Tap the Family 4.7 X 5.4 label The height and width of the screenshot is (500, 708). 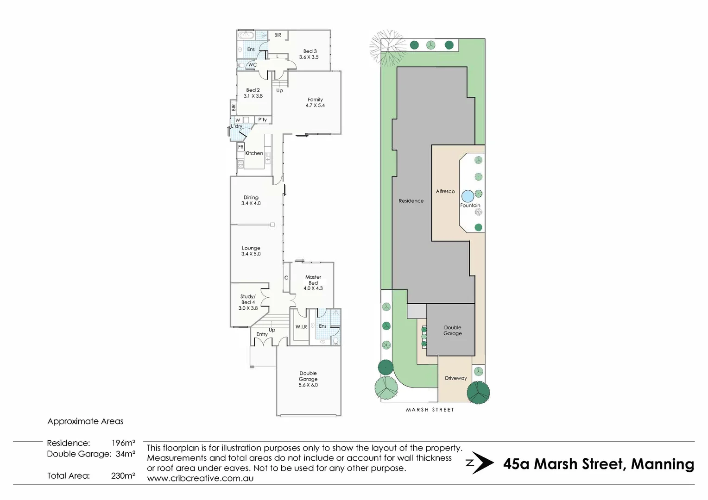[x=315, y=102]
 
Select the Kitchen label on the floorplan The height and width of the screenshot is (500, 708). [x=254, y=153]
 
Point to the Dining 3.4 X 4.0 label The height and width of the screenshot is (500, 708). [x=251, y=200]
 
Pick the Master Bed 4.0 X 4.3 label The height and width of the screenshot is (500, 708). [x=313, y=282]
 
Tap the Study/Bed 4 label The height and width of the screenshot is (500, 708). [x=248, y=302]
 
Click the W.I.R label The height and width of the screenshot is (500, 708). [x=301, y=327]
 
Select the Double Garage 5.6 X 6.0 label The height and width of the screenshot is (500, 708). [x=308, y=379]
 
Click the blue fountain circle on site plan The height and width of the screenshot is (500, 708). [x=468, y=196]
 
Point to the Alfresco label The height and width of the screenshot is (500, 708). [x=445, y=191]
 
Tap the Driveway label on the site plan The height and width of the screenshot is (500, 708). [x=455, y=378]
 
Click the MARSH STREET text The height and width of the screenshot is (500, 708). [x=430, y=410]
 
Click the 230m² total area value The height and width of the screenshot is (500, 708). [x=123, y=475]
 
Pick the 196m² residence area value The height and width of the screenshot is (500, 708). [x=123, y=443]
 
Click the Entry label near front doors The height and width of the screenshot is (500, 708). [x=262, y=334]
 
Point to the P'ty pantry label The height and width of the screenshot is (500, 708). [x=263, y=120]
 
